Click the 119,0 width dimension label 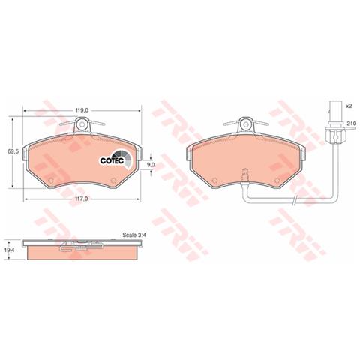82,110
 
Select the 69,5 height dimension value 13,151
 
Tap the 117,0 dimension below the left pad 82,199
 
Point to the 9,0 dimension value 151,165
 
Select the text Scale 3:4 134,235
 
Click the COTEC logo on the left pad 115,160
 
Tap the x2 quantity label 349,106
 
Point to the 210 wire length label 351,124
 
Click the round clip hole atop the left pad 82,124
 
